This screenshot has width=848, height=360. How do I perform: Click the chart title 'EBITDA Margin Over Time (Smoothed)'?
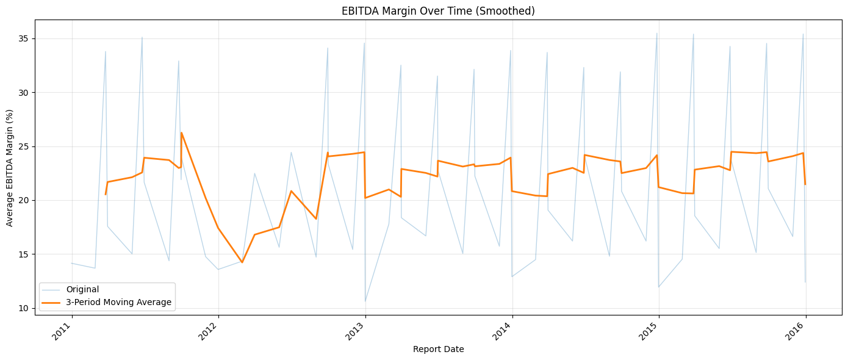pyautogui.click(x=423, y=11)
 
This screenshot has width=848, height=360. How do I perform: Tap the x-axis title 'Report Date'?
pyautogui.click(x=438, y=350)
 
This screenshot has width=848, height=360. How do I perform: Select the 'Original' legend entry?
pyautogui.click(x=82, y=290)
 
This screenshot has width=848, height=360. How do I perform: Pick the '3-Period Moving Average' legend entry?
pyautogui.click(x=118, y=302)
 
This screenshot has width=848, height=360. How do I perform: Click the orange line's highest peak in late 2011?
pyautogui.click(x=181, y=132)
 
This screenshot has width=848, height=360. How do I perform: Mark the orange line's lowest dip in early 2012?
pyautogui.click(x=242, y=262)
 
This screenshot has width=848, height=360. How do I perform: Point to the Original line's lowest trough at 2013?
pyautogui.click(x=365, y=301)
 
